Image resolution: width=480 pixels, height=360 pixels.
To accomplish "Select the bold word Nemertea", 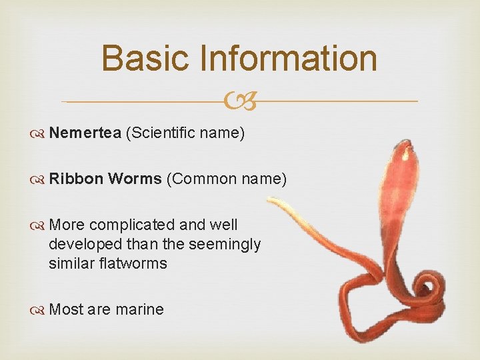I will coord(85,133).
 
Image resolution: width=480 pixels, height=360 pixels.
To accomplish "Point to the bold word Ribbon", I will coord(75,179).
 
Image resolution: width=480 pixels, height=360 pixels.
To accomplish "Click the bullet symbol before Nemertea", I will coord(39,133).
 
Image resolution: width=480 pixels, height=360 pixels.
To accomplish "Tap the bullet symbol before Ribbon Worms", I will coord(39,179).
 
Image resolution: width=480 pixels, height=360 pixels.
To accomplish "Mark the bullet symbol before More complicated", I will coord(39,225).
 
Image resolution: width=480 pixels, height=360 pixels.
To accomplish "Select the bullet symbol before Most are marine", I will coord(39,309).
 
